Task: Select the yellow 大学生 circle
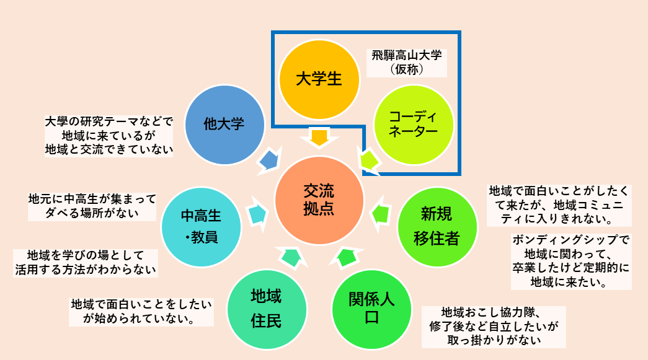pos(319,79)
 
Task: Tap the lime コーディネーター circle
pos(414,123)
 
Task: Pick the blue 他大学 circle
pos(224,123)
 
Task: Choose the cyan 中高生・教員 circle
pos(200,226)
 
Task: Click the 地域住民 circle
pos(266,308)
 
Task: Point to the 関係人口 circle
pos(371,308)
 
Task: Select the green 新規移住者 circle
pos(437,226)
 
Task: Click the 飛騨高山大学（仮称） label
pos(407,63)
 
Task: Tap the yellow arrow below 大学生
pos(319,137)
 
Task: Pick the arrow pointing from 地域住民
pos(290,255)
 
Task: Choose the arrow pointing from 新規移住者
pos(380,214)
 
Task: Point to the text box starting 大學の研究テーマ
pos(109,134)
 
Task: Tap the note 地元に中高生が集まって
pos(92,206)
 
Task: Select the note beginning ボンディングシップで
pos(571,261)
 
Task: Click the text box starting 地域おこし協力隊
pos(493,325)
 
